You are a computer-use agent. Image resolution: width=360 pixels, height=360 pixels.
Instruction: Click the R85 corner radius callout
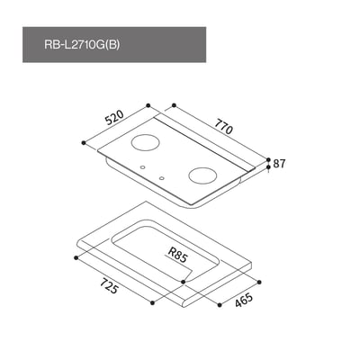[x=177, y=256]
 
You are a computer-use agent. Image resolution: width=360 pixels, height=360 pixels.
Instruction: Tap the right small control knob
[x=160, y=178]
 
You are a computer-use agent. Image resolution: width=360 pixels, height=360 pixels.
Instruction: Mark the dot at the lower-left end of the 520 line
[x=83, y=142]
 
